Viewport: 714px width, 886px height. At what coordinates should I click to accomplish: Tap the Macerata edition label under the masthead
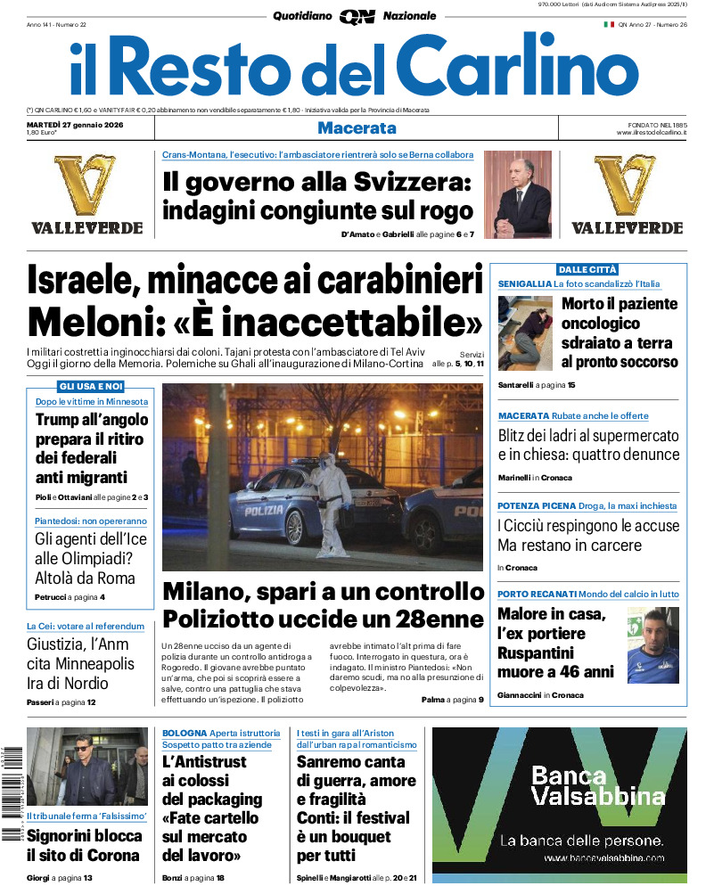tap(357, 128)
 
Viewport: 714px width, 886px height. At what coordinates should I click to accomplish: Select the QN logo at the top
tap(357, 16)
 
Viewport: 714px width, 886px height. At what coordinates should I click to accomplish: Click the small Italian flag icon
tap(609, 25)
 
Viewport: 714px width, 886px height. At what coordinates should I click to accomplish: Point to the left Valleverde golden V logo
tap(86, 185)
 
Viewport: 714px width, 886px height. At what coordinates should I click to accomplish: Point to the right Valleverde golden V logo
tap(626, 185)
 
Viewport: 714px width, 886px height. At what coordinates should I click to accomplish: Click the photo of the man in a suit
tap(517, 194)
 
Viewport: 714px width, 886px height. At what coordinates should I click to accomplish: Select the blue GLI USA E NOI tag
tap(91, 386)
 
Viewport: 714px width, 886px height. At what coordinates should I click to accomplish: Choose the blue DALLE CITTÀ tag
tap(587, 269)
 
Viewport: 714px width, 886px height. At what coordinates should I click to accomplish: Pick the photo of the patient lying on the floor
tap(525, 332)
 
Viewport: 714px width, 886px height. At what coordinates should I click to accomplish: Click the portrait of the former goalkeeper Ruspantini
tap(652, 644)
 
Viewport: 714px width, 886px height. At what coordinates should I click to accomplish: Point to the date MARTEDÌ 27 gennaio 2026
tap(75, 124)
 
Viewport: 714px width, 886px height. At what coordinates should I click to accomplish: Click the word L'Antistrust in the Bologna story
tap(205, 762)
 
